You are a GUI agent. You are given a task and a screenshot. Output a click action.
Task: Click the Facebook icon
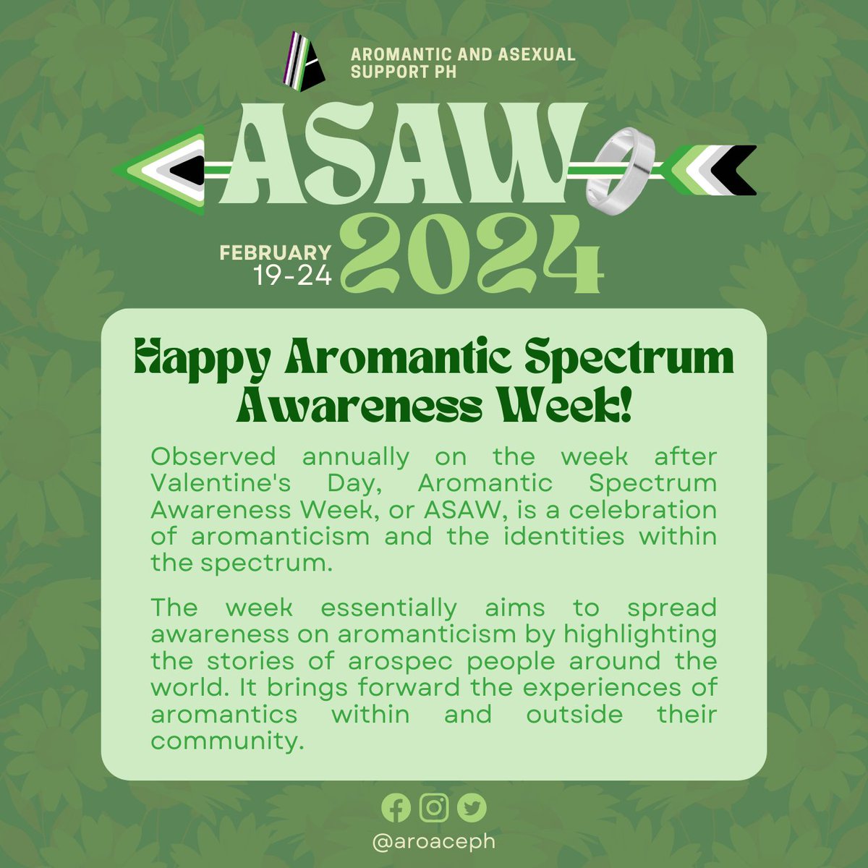pos(396,808)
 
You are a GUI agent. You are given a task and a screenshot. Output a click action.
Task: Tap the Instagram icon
pos(434,807)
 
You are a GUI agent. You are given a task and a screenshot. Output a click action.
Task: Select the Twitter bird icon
pos(472,808)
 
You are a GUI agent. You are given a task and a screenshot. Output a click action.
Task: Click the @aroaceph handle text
pos(434,841)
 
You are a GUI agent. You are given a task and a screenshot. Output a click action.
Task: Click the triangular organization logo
pos(304,58)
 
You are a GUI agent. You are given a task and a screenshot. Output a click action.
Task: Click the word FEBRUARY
pos(276,252)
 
